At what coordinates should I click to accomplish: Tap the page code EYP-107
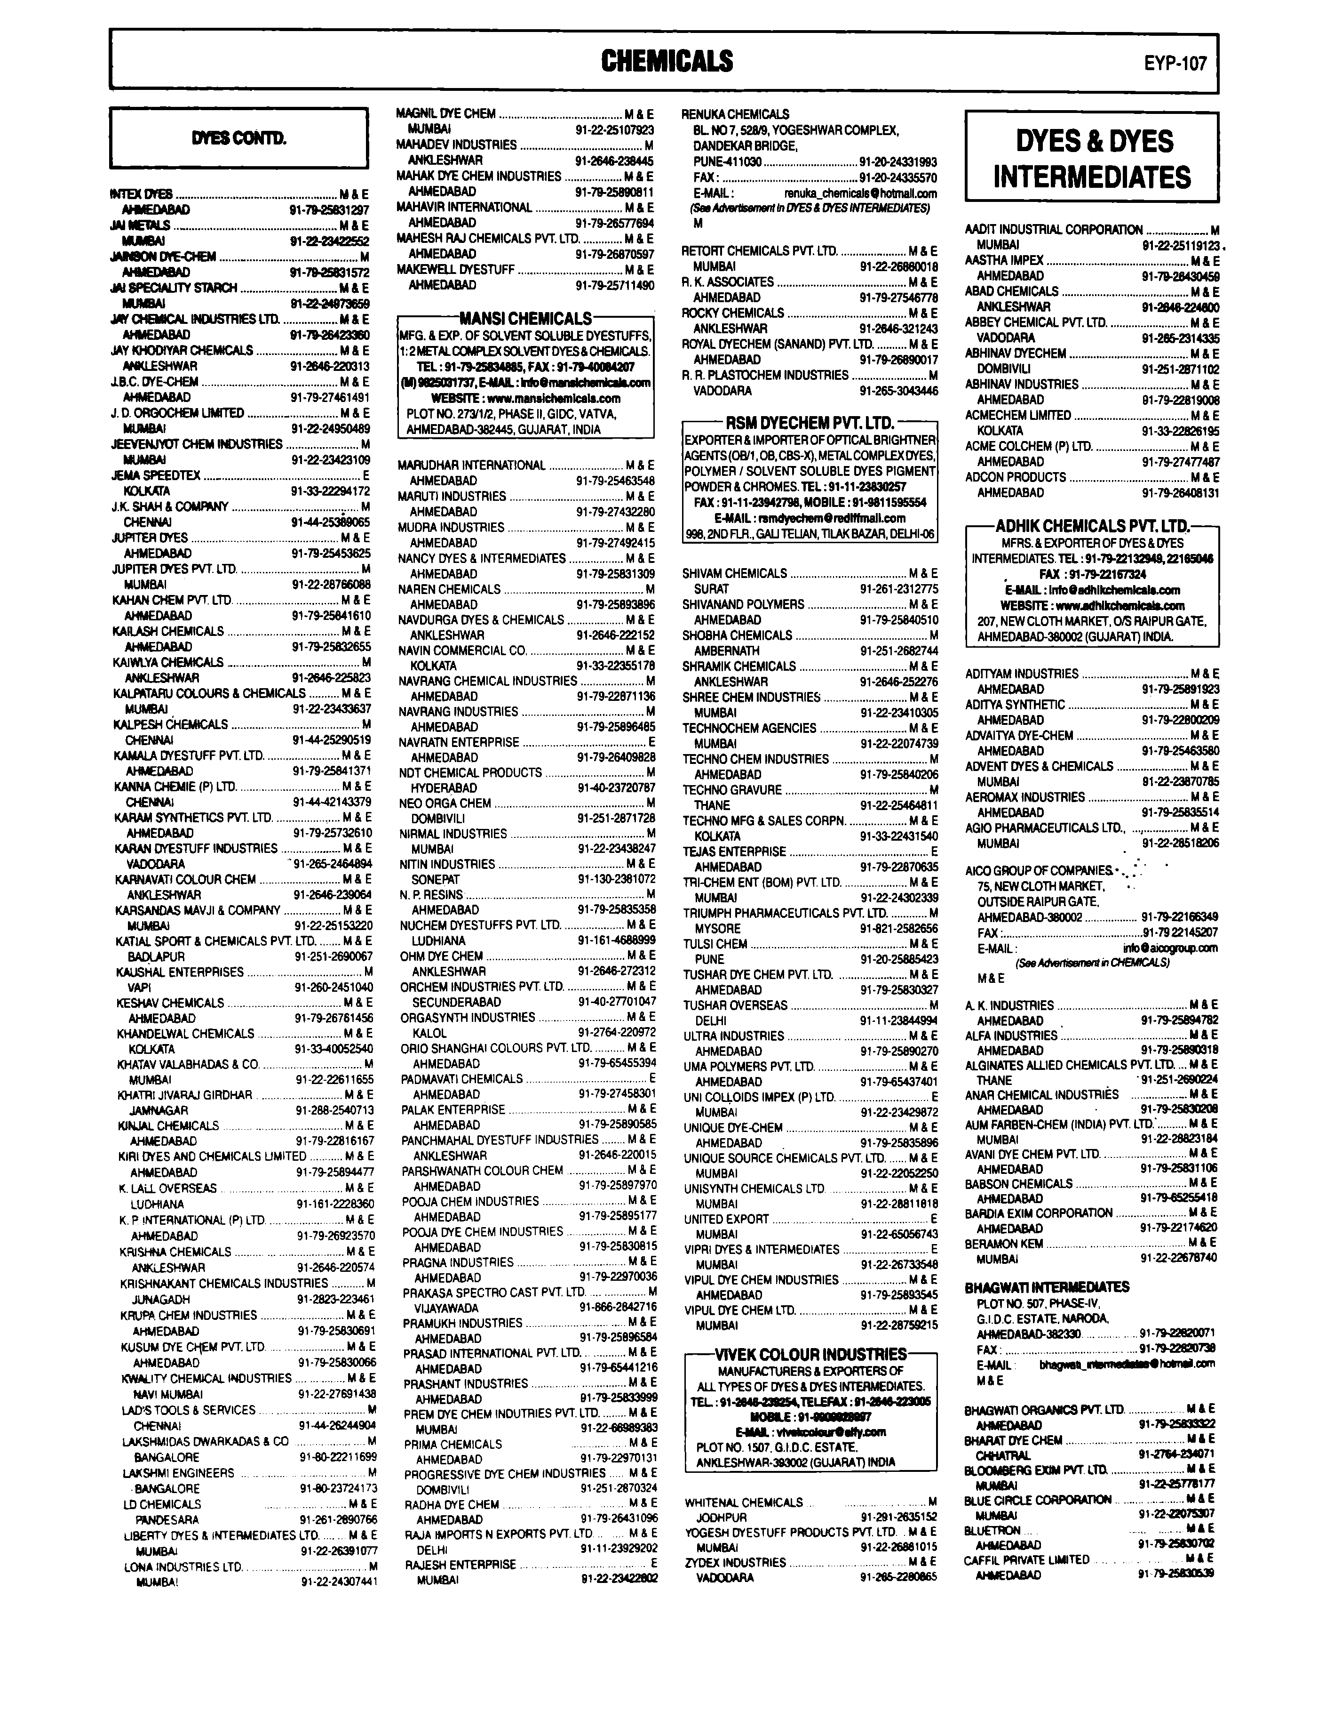point(1175,63)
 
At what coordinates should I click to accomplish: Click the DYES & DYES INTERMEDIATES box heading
point(1092,158)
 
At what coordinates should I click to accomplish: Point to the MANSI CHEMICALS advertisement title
point(526,319)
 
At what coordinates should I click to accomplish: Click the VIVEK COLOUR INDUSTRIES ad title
point(810,1355)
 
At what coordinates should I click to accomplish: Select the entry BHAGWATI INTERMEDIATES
point(1047,1287)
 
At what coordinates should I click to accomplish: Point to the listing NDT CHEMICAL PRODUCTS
point(470,772)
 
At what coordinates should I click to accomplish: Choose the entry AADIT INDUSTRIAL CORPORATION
point(1054,230)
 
